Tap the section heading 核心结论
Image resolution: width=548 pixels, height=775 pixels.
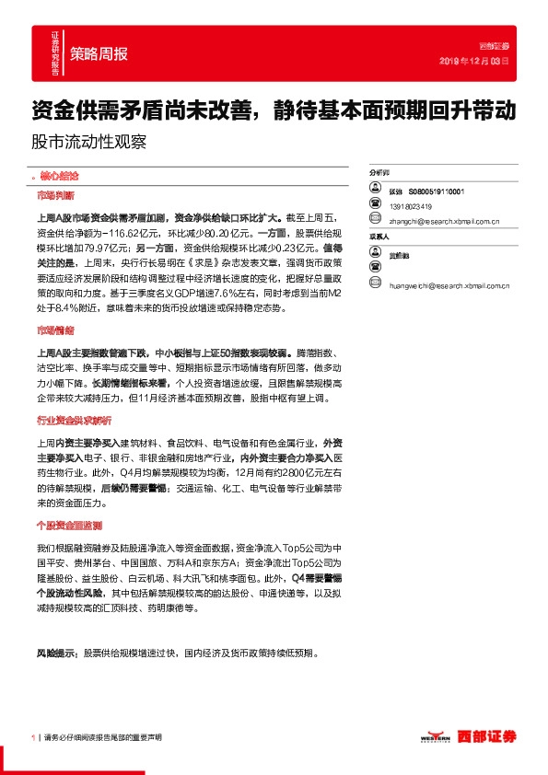56,175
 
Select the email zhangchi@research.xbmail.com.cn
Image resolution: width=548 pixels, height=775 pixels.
444,221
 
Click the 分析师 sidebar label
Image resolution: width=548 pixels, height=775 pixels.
379,172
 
